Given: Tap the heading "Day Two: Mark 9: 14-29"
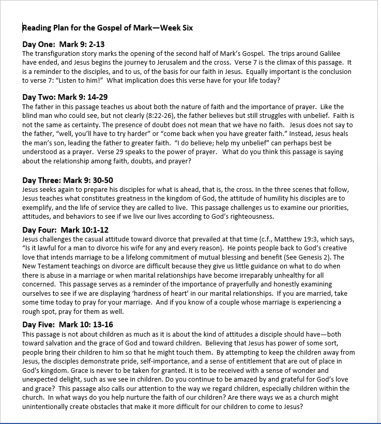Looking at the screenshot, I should click(x=65, y=97).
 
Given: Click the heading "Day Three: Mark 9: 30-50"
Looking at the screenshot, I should click(x=68, y=180).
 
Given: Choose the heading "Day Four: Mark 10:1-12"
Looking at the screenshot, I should click(x=65, y=230).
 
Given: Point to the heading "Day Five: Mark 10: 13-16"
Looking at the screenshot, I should click(x=67, y=324).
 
